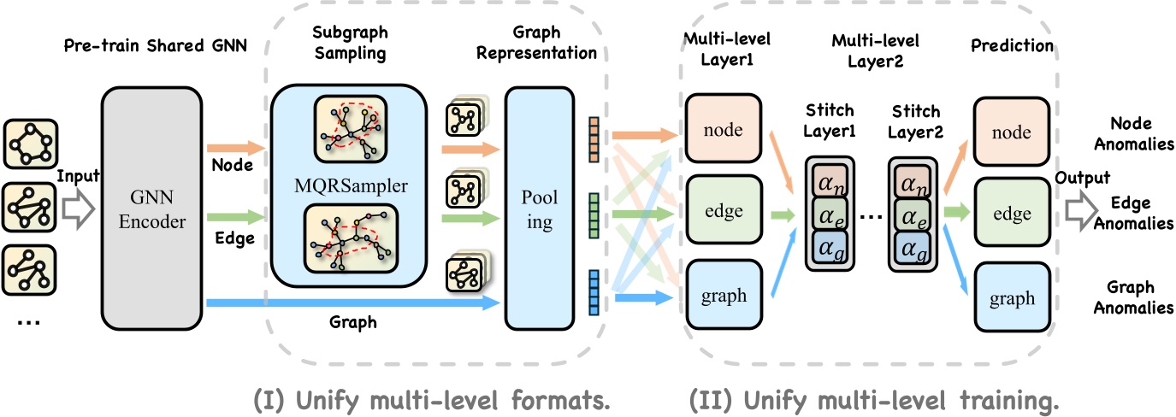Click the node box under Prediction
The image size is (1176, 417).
[1011, 132]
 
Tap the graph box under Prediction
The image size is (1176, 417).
[1011, 299]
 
